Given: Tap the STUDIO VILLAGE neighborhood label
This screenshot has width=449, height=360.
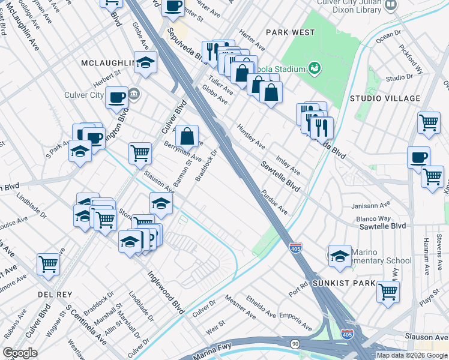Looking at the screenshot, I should click(385, 98).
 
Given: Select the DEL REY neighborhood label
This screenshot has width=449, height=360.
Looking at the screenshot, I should click(55, 295).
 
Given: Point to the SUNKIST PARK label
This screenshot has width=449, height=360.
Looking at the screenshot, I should click(343, 283).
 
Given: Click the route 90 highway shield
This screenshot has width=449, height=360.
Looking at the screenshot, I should click(295, 343).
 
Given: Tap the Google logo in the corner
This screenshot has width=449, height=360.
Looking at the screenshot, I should click(20, 353).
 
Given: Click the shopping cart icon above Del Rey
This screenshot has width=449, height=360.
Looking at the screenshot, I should click(48, 263).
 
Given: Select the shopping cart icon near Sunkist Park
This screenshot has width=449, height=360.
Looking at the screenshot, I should click(388, 291).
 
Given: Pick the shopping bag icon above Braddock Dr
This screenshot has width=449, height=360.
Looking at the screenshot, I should click(187, 136).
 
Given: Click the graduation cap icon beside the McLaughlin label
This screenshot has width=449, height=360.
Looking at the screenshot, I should click(145, 62).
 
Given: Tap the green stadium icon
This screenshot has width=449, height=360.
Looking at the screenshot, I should click(313, 68).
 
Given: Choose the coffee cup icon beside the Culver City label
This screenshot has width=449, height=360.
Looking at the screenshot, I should click(116, 97).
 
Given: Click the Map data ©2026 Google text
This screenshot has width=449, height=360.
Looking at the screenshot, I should click(412, 355).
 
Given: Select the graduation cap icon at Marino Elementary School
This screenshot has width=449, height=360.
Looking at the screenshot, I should click(340, 254).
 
